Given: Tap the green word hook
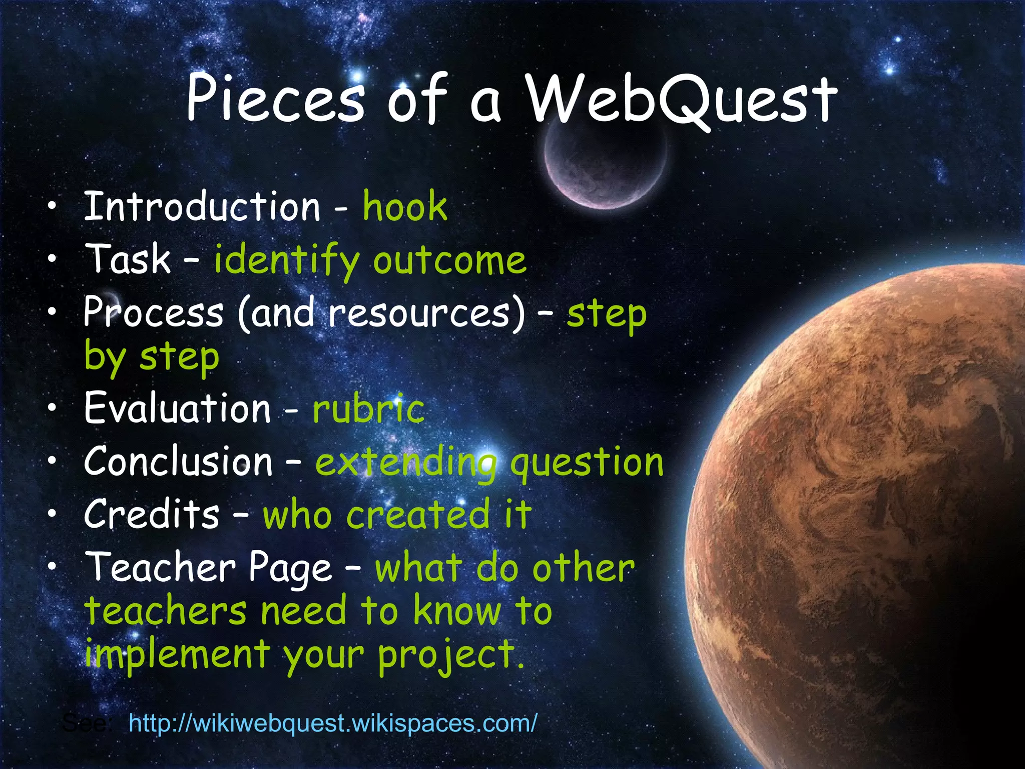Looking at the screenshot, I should click(404, 206).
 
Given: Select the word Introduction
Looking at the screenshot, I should click(202, 206).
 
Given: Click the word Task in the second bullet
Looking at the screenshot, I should click(129, 259).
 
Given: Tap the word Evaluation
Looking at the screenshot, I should click(177, 408).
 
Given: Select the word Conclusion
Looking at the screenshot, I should click(178, 461).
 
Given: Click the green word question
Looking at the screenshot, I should click(586, 463).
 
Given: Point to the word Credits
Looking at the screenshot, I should click(152, 514).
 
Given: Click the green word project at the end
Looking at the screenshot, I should click(445, 655).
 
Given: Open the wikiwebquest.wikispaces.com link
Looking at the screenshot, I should click(333, 723).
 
